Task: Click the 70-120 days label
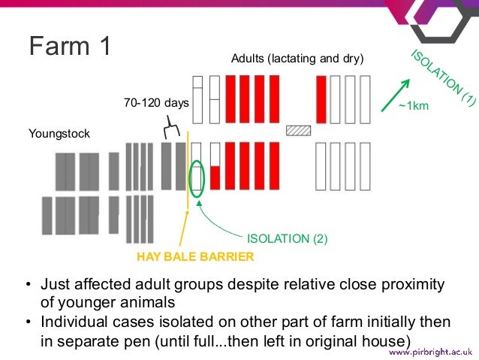pyautogui.click(x=156, y=102)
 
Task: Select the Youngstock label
pyautogui.click(x=59, y=134)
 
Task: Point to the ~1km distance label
pyautogui.click(x=414, y=106)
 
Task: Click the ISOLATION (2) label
pyautogui.click(x=288, y=239)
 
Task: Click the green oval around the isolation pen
pyautogui.click(x=197, y=179)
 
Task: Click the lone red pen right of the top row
pyautogui.click(x=321, y=99)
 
